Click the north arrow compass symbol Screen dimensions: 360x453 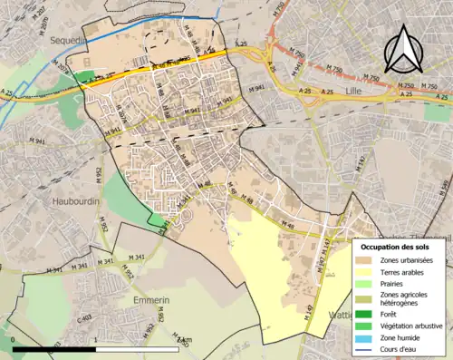[x=404, y=49]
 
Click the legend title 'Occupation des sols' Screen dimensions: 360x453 [x=397, y=247]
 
